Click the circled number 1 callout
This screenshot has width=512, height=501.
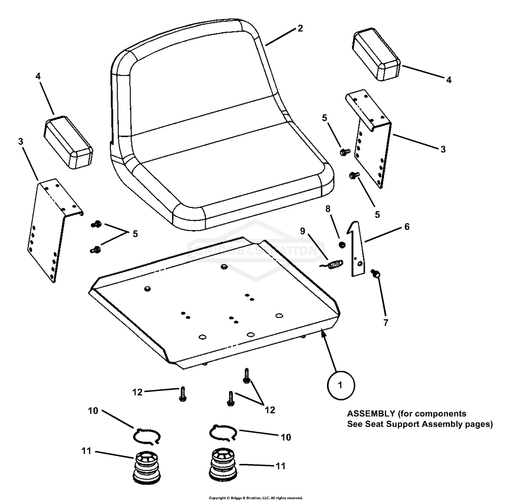tap(340, 385)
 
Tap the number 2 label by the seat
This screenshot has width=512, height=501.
tap(300, 28)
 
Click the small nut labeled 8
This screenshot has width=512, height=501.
tap(342, 245)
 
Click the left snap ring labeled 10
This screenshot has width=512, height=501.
tap(147, 436)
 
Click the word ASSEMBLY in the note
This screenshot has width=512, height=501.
tap(371, 414)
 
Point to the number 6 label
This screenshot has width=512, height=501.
tap(407, 227)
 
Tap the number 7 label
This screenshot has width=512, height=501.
tap(386, 322)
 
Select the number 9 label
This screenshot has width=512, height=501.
tap(303, 231)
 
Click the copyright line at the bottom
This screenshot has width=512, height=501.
tap(256, 498)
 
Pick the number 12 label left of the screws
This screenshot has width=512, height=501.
tap(137, 392)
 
